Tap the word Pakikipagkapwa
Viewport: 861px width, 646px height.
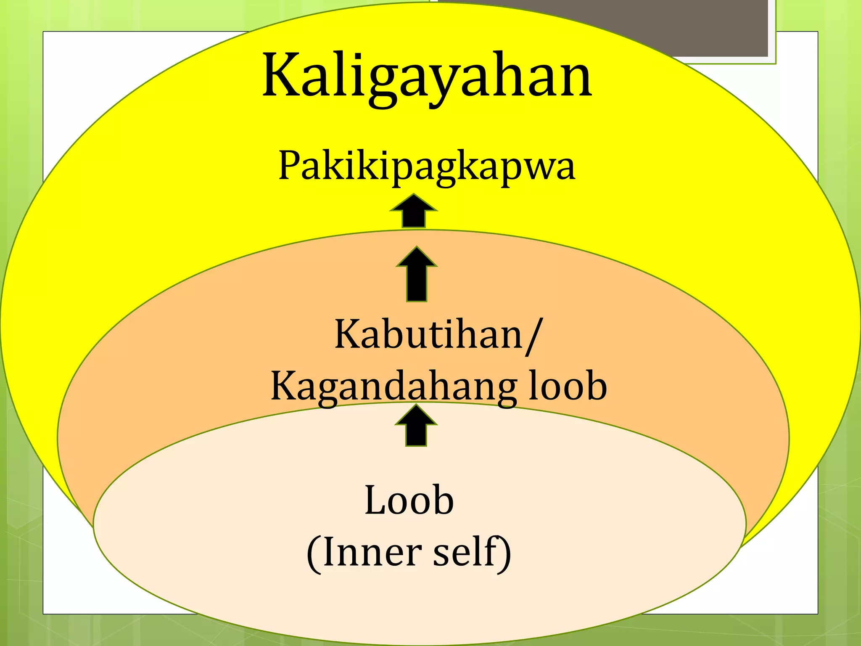(426, 167)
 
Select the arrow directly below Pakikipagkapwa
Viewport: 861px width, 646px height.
(414, 211)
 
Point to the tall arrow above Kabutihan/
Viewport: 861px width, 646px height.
(417, 274)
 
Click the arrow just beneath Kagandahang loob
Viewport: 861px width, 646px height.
(416, 426)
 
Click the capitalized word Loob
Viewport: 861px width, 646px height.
(409, 500)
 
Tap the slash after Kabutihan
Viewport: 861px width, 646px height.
(533, 336)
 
